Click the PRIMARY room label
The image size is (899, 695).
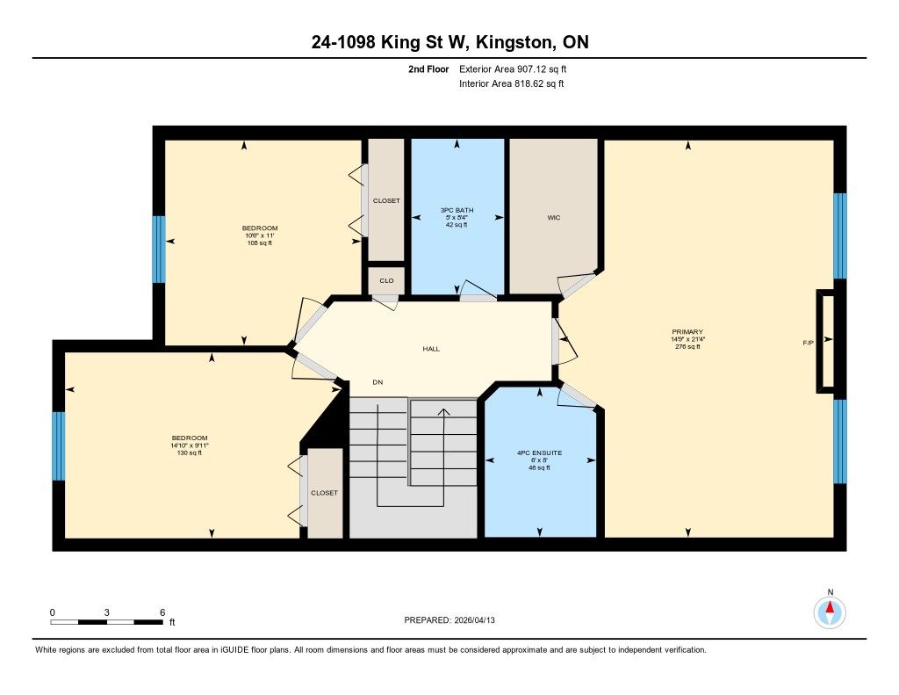(x=687, y=332)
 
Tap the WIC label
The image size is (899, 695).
(x=553, y=218)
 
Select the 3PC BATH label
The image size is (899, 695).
(x=457, y=210)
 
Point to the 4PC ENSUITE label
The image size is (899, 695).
(x=540, y=452)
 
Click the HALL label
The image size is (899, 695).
(x=431, y=348)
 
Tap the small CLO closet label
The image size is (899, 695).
(x=386, y=280)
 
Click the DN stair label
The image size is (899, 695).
(x=378, y=382)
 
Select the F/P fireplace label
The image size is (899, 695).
(x=808, y=344)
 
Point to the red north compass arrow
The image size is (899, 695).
(x=830, y=608)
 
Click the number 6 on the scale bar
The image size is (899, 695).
(x=162, y=612)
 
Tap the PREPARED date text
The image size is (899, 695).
(x=449, y=619)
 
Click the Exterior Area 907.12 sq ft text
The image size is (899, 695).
(x=513, y=69)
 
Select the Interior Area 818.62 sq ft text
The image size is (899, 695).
(x=512, y=83)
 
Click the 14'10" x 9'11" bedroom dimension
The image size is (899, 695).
(x=190, y=445)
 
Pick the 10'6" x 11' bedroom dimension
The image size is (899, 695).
(x=260, y=235)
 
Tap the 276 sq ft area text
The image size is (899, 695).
(x=687, y=347)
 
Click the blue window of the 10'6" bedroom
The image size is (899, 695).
(x=159, y=249)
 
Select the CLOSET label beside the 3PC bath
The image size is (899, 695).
(x=386, y=201)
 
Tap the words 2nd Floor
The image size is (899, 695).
(x=428, y=69)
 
